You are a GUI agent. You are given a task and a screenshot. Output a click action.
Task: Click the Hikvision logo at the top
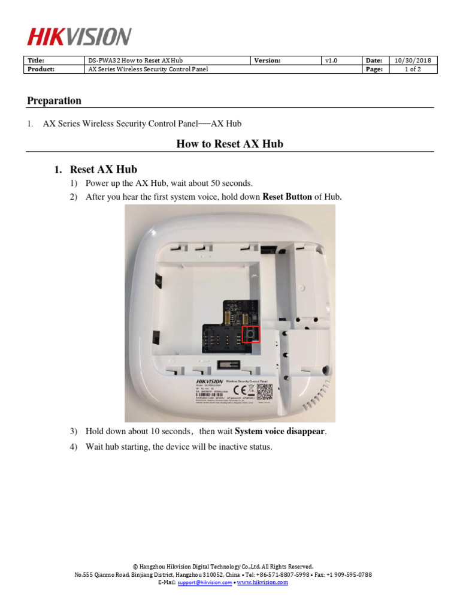click(x=78, y=37)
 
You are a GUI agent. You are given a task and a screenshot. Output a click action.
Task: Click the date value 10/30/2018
click(x=413, y=61)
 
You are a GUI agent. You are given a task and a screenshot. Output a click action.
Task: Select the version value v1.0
click(x=331, y=61)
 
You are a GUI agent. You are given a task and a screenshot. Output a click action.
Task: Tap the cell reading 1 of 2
click(x=413, y=70)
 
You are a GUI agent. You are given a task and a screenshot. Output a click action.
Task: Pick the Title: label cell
click(x=36, y=61)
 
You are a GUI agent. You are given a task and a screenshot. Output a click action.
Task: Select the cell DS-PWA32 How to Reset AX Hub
click(x=135, y=61)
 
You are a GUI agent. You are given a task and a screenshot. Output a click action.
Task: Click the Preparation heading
click(x=54, y=101)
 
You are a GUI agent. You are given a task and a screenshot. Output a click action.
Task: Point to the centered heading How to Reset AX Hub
click(x=229, y=144)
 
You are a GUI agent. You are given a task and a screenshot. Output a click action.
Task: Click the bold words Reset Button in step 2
click(x=287, y=197)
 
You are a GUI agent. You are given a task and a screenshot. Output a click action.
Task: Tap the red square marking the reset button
click(x=252, y=334)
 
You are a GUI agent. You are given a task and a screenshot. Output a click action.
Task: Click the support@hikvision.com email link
click(x=204, y=582)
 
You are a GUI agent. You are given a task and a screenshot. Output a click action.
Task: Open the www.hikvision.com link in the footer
click(x=262, y=582)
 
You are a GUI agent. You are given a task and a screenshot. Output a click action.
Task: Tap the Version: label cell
click(x=267, y=61)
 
